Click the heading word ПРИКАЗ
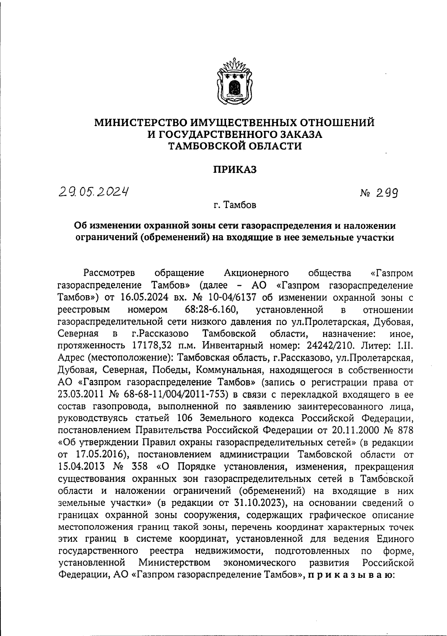pos(235,170)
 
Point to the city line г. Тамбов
pos(235,205)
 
